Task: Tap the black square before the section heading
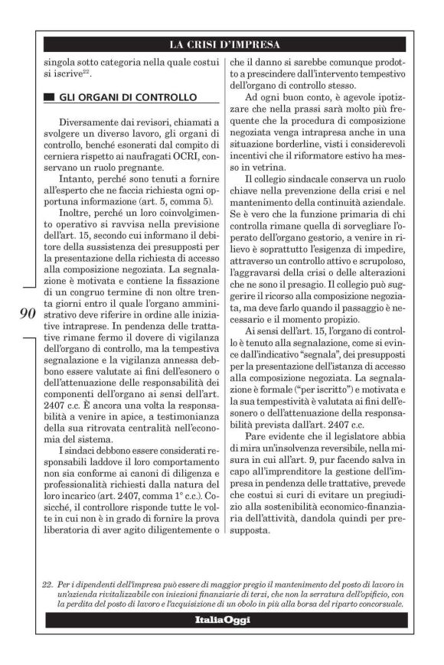(50, 98)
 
